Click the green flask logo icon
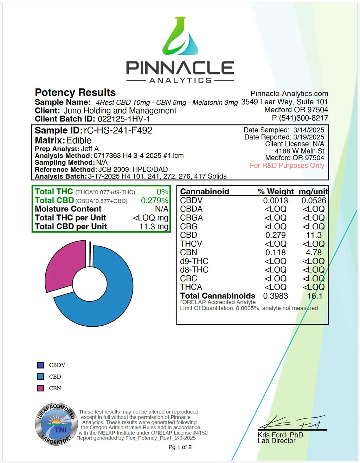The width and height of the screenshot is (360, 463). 180,36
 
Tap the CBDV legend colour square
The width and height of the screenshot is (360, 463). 41,365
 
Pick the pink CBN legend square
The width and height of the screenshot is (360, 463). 41,388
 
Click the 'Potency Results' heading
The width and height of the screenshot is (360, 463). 75,92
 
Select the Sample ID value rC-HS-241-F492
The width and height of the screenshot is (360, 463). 118,131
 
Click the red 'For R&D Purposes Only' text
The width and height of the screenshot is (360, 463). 287,165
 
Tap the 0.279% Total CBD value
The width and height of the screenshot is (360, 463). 154,201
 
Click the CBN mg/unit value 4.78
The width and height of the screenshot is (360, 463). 314,253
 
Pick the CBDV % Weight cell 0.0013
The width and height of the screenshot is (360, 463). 275,201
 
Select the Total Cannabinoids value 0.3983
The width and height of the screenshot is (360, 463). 275,296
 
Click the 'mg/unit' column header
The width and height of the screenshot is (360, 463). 313,192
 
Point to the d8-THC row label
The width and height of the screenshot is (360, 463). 194,270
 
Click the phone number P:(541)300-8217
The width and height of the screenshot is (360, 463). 300,118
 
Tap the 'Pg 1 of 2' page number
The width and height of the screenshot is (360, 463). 180,447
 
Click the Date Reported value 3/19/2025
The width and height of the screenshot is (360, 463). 309,137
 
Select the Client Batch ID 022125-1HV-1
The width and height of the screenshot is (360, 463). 124,119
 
